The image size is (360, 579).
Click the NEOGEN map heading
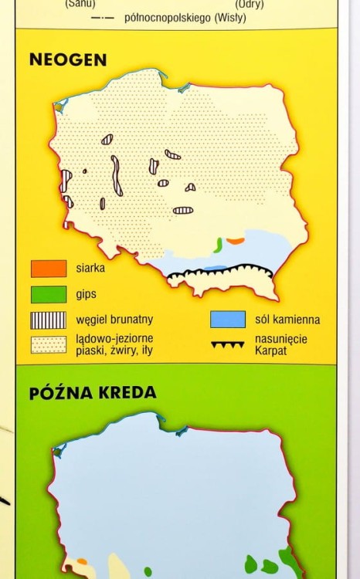click(x=68, y=59)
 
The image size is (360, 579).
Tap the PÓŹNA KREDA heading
click(x=93, y=392)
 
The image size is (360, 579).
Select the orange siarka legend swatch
click(x=48, y=269)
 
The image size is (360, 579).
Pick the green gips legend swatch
click(x=48, y=294)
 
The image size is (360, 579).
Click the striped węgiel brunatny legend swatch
click(x=48, y=320)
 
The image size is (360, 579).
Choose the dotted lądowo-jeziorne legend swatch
click(x=48, y=344)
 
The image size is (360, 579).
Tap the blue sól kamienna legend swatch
click(x=228, y=320)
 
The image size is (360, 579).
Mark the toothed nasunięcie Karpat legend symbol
click(x=228, y=344)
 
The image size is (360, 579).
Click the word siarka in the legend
click(x=90, y=269)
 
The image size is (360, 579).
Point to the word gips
click(x=87, y=294)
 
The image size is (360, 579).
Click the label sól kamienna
click(x=287, y=320)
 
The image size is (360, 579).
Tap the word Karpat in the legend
click(x=270, y=353)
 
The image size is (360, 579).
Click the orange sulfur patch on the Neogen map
click(x=236, y=241)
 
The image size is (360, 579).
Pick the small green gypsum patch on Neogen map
click(x=219, y=245)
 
